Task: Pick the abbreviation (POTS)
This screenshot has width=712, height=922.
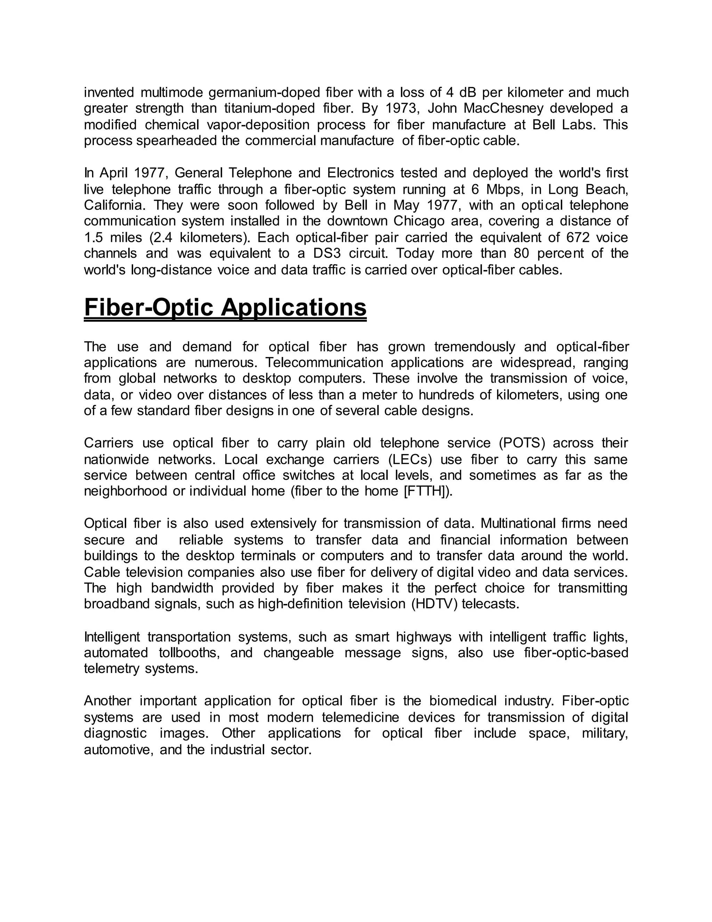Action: [522, 443]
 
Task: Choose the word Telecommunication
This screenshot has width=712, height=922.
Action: [324, 363]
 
